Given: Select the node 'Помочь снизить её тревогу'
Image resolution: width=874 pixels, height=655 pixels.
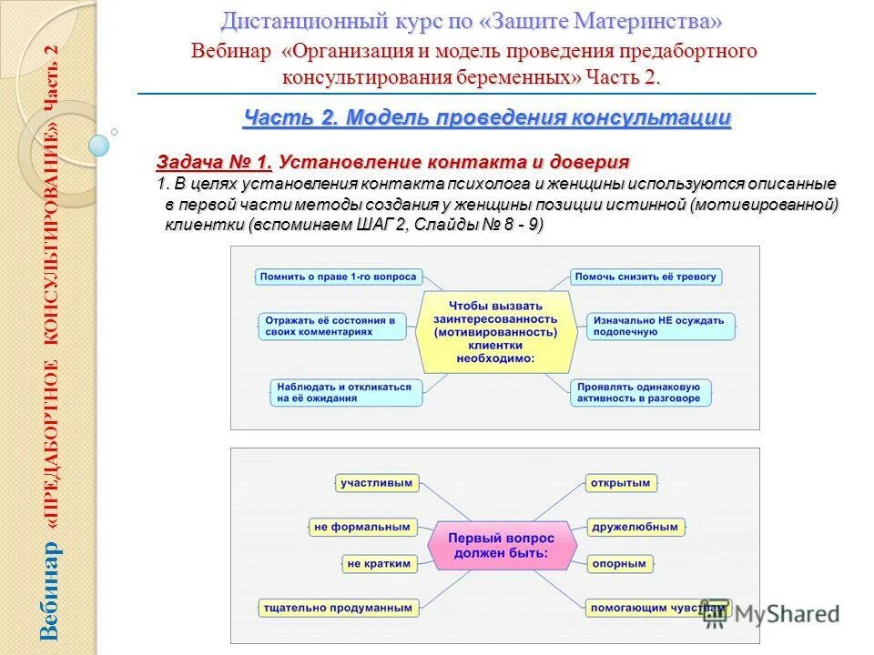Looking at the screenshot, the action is [646, 276].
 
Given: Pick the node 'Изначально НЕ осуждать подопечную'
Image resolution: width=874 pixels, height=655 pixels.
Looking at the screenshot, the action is [661, 327].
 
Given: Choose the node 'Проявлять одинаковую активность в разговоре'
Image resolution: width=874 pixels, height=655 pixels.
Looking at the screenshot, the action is [642, 392].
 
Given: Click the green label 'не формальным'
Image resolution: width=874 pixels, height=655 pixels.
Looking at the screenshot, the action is [361, 527].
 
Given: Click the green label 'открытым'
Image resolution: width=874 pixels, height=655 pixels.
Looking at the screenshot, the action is [619, 482].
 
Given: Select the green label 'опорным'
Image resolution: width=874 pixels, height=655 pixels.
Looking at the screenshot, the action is [618, 564].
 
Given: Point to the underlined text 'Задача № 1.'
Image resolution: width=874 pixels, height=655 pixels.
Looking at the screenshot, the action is [215, 162].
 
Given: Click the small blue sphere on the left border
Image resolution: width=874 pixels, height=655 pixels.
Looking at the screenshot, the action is [99, 145].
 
